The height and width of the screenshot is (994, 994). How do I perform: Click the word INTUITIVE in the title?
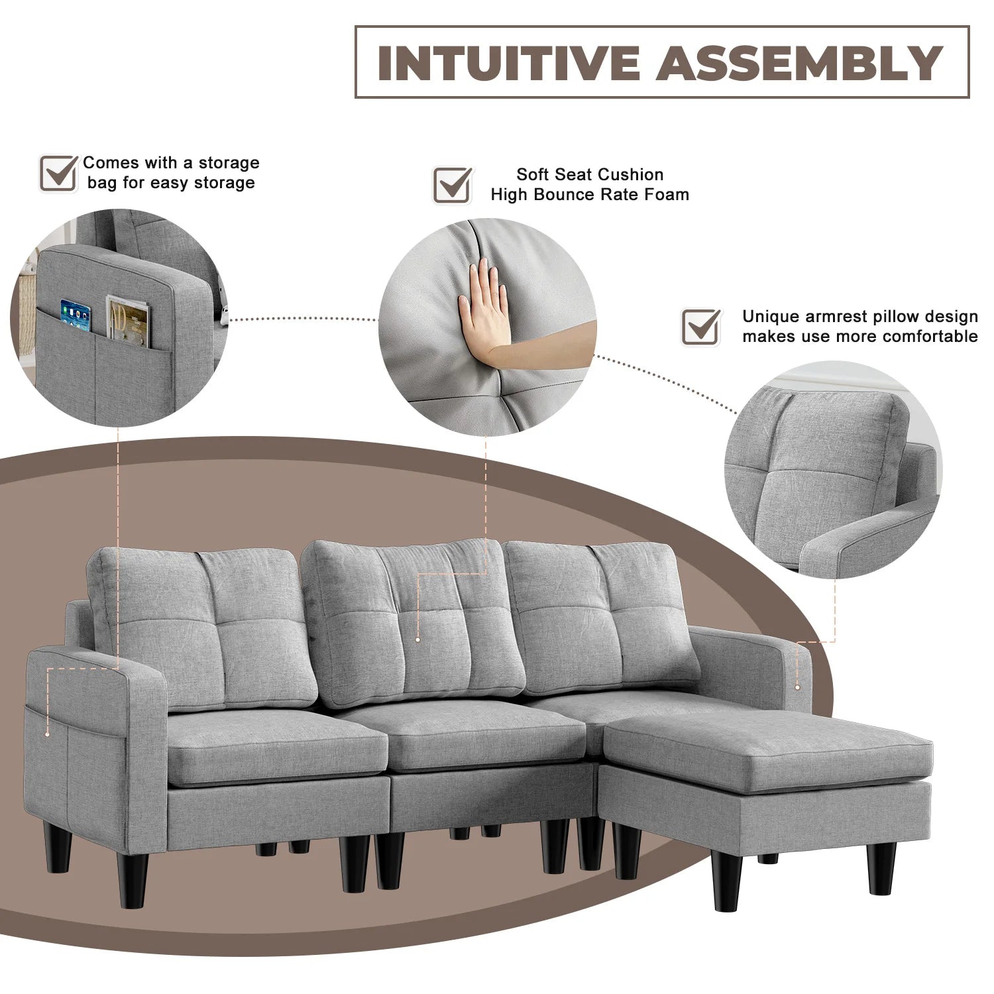508,63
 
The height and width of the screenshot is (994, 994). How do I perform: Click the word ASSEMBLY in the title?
801,63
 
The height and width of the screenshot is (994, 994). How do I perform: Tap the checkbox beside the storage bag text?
58,173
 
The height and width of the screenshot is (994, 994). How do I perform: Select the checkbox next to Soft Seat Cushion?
453,184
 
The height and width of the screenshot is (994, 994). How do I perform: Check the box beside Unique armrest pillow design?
701,326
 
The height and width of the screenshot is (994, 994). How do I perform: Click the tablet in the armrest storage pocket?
74,317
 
